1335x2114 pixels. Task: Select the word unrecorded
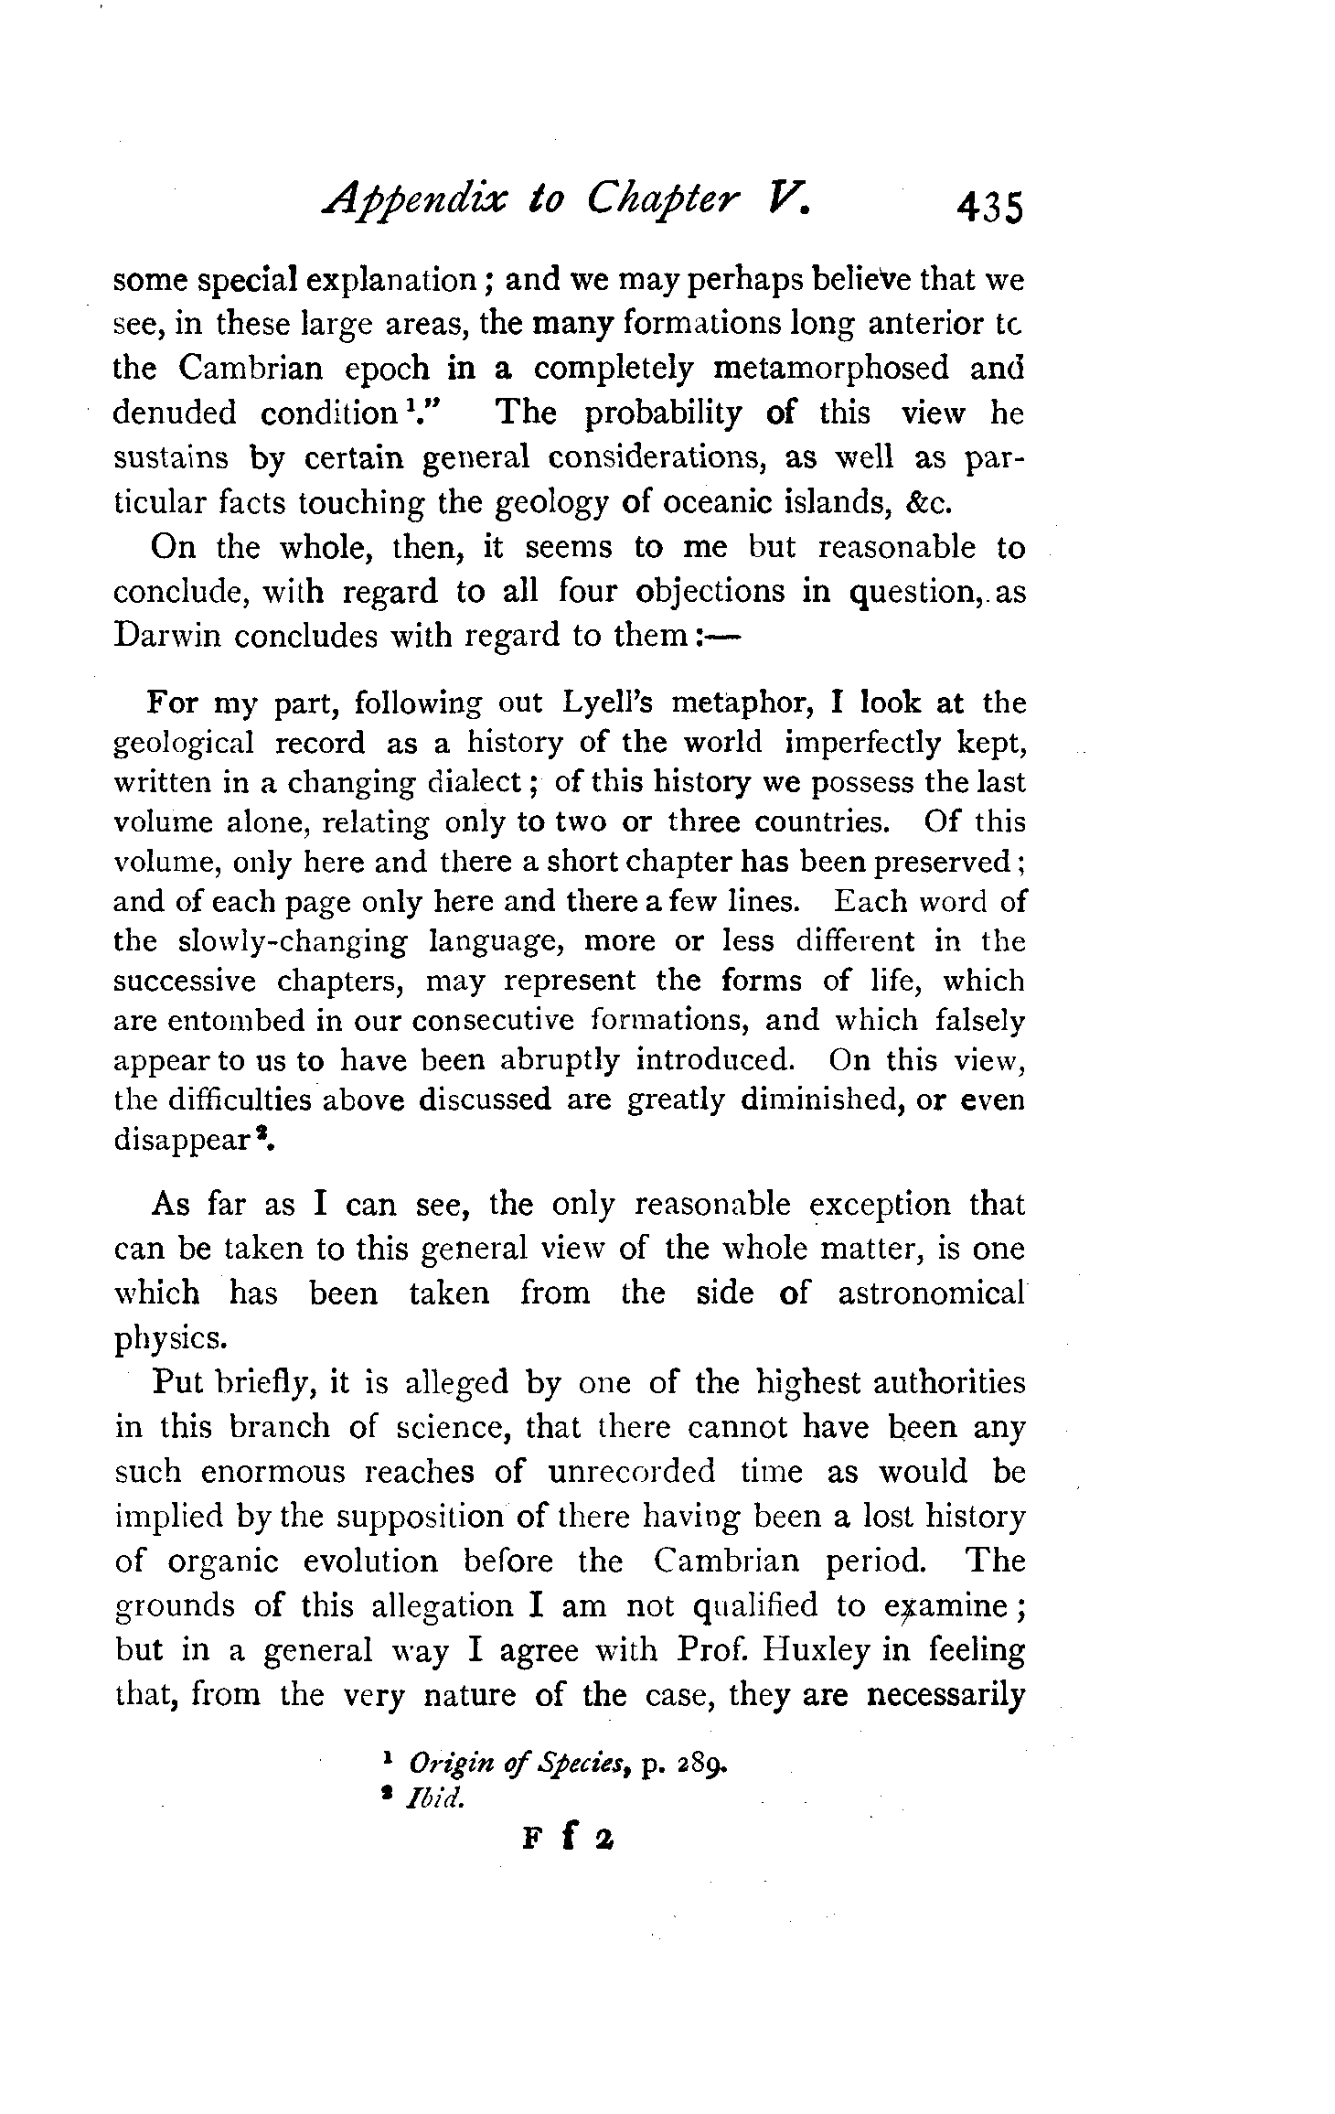coord(632,1471)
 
